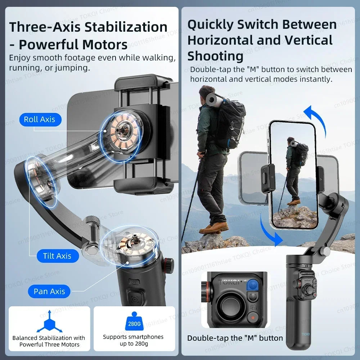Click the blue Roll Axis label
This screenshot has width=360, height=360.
pyautogui.click(x=40, y=120)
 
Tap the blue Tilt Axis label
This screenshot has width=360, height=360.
pyautogui.click(x=57, y=256)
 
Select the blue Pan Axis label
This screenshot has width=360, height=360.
pyautogui.click(x=49, y=291)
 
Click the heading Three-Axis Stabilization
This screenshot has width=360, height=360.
pyautogui.click(x=88, y=27)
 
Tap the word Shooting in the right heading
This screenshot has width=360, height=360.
pyautogui.click(x=215, y=56)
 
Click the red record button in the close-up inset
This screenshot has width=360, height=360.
pyautogui.click(x=253, y=318)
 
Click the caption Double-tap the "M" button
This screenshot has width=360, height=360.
pyautogui.click(x=235, y=338)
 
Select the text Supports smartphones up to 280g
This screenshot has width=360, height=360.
pyautogui.click(x=133, y=340)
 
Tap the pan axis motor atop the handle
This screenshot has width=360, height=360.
pyautogui.click(x=129, y=245)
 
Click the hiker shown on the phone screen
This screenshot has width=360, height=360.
pyautogui.click(x=294, y=169)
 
